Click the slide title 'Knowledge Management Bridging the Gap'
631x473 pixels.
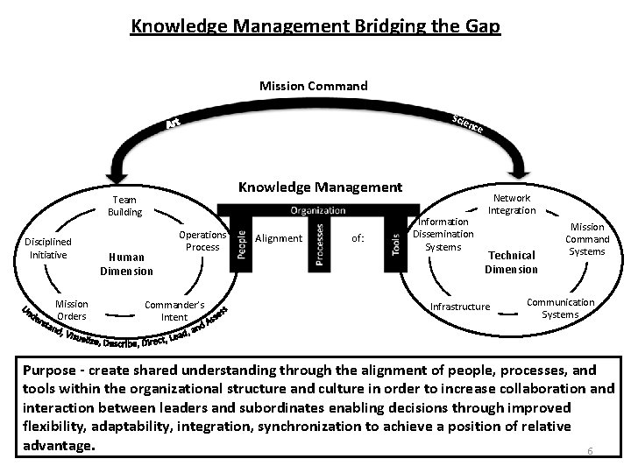coord(315,26)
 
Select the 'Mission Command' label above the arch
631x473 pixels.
coord(314,86)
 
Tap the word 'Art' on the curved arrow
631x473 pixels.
coord(174,126)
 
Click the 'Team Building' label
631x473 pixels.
coord(124,206)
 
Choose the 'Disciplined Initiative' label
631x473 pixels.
coord(48,248)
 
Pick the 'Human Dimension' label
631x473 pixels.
coord(126,265)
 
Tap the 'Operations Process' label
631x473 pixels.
coord(202,241)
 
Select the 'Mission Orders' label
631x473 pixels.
coord(72,310)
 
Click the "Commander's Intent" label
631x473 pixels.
coord(174,311)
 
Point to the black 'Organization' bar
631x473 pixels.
coord(317,210)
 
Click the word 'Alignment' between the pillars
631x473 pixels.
coord(278,238)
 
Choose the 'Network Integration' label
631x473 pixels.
coord(512,204)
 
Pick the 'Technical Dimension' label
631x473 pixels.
coord(511,262)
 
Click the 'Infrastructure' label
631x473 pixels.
coord(460,307)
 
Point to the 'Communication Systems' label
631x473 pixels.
coord(560,308)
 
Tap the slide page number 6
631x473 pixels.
coord(590,451)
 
